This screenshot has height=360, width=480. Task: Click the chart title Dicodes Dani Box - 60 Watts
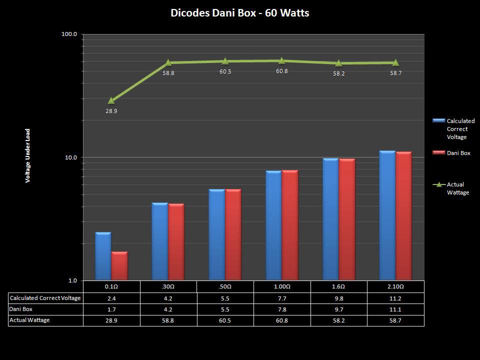(239, 13)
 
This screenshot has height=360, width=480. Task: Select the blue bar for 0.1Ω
(103, 256)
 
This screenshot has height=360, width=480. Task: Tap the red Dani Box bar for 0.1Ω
(119, 266)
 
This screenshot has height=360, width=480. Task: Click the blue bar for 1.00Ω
(273, 225)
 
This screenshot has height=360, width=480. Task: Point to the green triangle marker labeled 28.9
(111, 100)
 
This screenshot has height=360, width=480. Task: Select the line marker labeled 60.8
(281, 61)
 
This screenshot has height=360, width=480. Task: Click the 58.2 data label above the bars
(338, 73)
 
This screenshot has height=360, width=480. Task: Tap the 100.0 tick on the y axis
(69, 34)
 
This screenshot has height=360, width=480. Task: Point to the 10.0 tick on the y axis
(70, 157)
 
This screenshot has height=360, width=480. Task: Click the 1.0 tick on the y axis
(72, 280)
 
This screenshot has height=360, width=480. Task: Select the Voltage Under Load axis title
(28, 156)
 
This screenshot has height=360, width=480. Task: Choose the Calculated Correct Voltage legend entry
(460, 129)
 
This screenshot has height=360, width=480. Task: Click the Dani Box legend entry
(458, 153)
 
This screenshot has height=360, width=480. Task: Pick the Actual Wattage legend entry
(457, 188)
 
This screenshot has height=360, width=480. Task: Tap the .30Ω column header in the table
(168, 287)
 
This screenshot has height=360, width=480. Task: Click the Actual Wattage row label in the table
(29, 320)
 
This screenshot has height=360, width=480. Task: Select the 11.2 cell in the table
(395, 298)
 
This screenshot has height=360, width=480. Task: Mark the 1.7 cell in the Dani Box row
(111, 309)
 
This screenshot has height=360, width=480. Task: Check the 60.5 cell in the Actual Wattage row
(225, 320)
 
